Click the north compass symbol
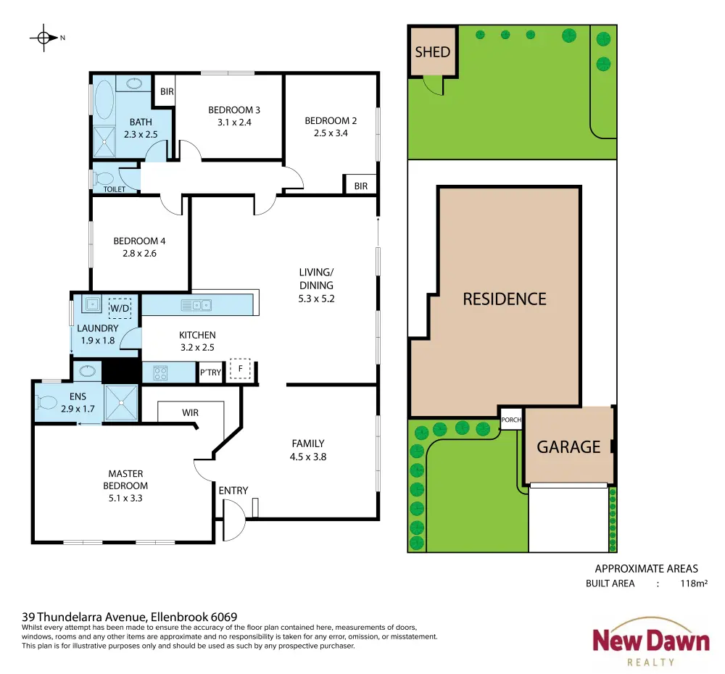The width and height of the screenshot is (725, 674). (44, 38)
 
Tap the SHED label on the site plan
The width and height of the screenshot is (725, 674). (432, 51)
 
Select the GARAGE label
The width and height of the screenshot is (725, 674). (568, 446)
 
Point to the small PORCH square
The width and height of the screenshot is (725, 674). (511, 419)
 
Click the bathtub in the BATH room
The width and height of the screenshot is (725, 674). (104, 100)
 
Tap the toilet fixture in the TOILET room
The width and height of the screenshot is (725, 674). (104, 178)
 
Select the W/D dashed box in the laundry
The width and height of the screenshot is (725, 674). (120, 308)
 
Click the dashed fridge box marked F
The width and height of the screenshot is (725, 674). (240, 368)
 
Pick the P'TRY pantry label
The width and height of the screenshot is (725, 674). (210, 372)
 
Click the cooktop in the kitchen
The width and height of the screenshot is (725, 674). (160, 373)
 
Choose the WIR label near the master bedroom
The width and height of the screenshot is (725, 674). (190, 413)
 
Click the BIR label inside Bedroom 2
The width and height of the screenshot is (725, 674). (360, 186)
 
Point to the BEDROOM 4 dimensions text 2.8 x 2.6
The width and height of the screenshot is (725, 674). (139, 254)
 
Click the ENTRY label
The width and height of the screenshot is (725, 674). (233, 491)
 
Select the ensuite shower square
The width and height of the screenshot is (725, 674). (122, 403)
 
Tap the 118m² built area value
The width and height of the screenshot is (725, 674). (694, 583)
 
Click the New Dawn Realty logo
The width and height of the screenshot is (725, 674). (650, 642)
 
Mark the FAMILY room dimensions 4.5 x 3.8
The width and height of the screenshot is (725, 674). (308, 457)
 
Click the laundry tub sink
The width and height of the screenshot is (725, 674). (92, 304)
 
